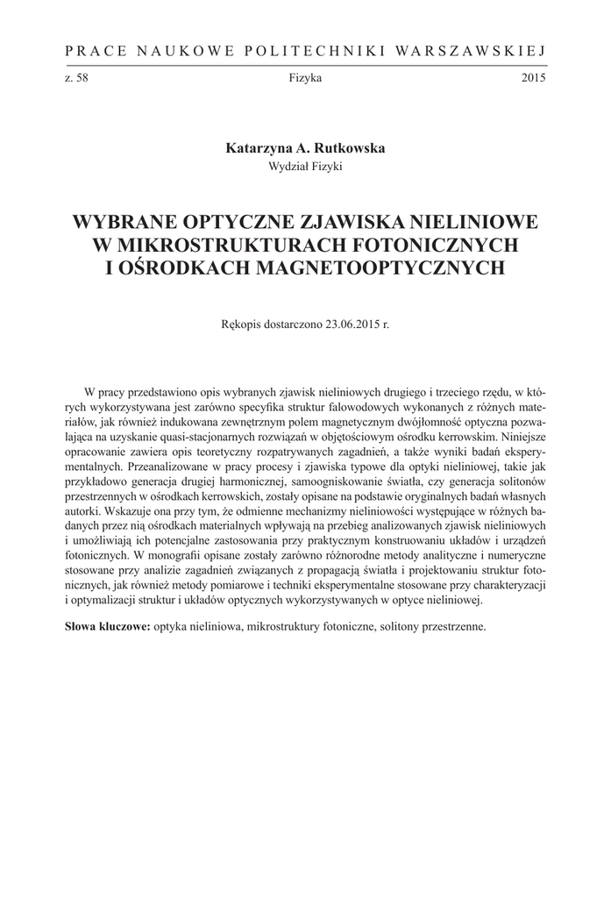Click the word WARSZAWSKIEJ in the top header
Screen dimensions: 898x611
[x=472, y=52]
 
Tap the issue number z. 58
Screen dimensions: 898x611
[x=76, y=78]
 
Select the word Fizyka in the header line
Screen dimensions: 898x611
[x=305, y=78]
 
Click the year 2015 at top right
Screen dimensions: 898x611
[x=533, y=78]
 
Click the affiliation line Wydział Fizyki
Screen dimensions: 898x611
[x=305, y=166]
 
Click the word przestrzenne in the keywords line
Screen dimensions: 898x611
[x=451, y=627]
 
